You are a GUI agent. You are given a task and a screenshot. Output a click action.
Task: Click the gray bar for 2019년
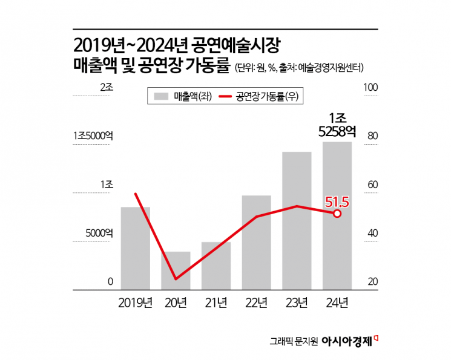136,248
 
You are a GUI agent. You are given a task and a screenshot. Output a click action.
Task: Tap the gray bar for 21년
216,266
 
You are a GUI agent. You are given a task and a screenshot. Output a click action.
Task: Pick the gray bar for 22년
256,243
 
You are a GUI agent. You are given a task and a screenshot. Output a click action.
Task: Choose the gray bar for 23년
297,221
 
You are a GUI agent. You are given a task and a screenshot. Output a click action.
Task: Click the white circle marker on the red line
337,213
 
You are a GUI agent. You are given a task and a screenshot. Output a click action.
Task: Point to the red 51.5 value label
338,201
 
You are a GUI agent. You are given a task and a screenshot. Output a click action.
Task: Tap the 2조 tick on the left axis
107,88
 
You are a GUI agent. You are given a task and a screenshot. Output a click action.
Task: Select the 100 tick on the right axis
370,88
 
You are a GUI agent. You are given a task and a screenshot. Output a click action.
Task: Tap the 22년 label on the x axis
257,302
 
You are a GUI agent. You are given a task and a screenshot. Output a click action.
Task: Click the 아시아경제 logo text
351,341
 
